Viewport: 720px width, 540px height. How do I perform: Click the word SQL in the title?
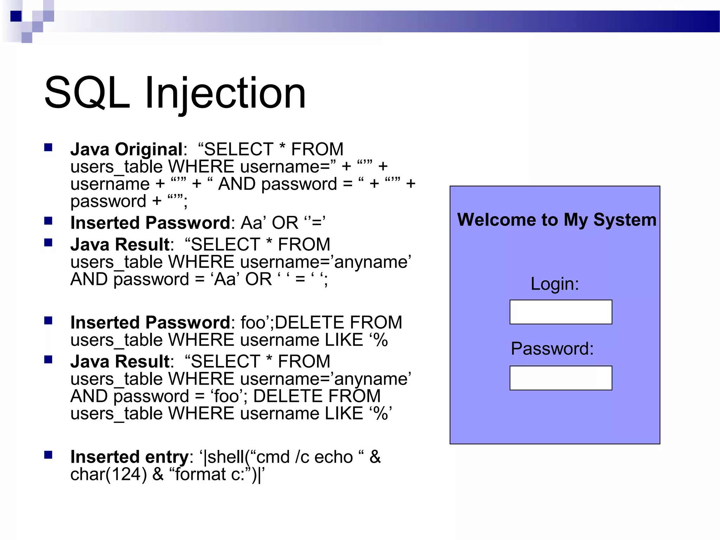[87, 93]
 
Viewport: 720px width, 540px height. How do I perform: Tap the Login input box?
[560, 312]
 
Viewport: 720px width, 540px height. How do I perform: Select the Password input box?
[560, 378]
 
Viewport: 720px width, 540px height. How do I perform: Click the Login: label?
[554, 284]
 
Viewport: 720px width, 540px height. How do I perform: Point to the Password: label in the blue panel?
[552, 348]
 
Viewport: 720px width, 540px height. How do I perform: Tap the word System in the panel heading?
[625, 220]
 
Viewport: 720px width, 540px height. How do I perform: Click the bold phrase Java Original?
[127, 149]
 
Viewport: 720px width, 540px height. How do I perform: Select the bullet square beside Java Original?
[48, 147]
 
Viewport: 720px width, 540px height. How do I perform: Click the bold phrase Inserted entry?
[129, 457]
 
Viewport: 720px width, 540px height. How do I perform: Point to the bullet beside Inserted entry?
[48, 455]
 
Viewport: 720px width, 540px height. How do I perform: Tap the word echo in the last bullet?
[333, 457]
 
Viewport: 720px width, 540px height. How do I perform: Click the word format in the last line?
[200, 474]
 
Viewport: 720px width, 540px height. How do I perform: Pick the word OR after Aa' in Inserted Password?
[285, 223]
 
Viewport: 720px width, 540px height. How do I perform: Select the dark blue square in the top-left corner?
[16, 16]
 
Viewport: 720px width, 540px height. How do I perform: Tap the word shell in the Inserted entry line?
[226, 457]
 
